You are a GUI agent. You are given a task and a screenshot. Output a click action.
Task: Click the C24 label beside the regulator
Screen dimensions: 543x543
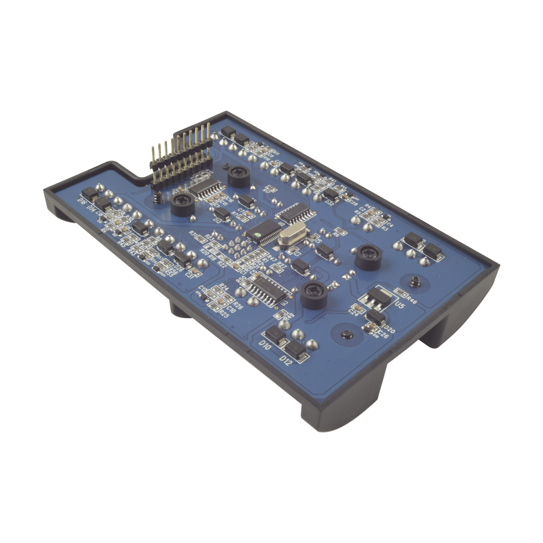(353, 312)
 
